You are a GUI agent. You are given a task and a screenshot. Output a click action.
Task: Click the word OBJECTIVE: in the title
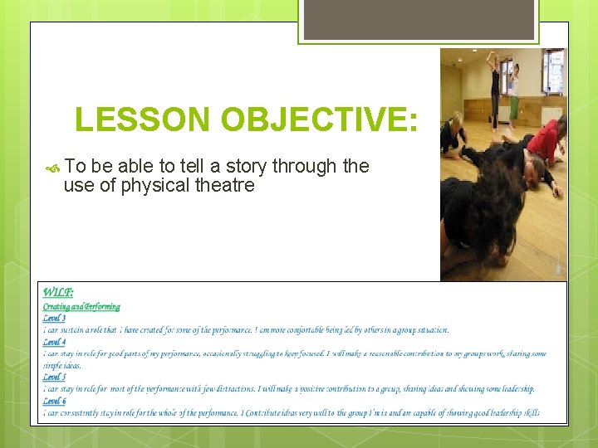point(320,120)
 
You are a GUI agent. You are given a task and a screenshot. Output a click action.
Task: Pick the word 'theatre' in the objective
point(223,185)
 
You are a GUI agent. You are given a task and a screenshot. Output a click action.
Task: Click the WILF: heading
point(58,292)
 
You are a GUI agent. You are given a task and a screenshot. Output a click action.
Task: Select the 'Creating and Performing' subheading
point(81,307)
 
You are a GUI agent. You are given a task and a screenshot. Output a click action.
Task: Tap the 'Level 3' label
point(54,319)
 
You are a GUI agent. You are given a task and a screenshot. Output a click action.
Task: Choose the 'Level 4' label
point(54,342)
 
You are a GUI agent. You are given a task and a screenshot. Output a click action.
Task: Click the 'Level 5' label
point(54,377)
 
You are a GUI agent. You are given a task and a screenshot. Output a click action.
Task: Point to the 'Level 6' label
point(54,401)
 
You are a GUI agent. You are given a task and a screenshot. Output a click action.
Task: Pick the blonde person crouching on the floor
point(454,133)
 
